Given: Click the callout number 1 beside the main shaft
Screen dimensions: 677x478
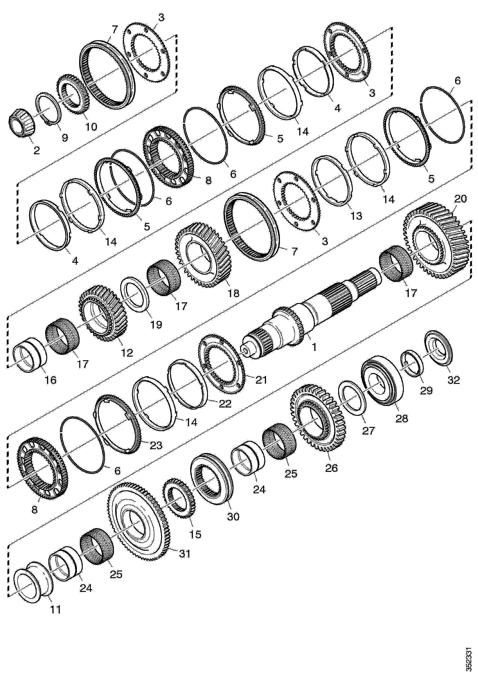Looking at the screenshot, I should point(314,347).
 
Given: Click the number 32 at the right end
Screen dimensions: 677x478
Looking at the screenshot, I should point(453,380).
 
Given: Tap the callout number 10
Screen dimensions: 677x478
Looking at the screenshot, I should point(91,127).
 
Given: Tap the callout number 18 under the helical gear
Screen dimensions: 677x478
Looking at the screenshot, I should point(233,293).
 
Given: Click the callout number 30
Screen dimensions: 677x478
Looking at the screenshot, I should point(233,517).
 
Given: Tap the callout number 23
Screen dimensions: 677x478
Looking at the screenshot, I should point(156,445).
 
